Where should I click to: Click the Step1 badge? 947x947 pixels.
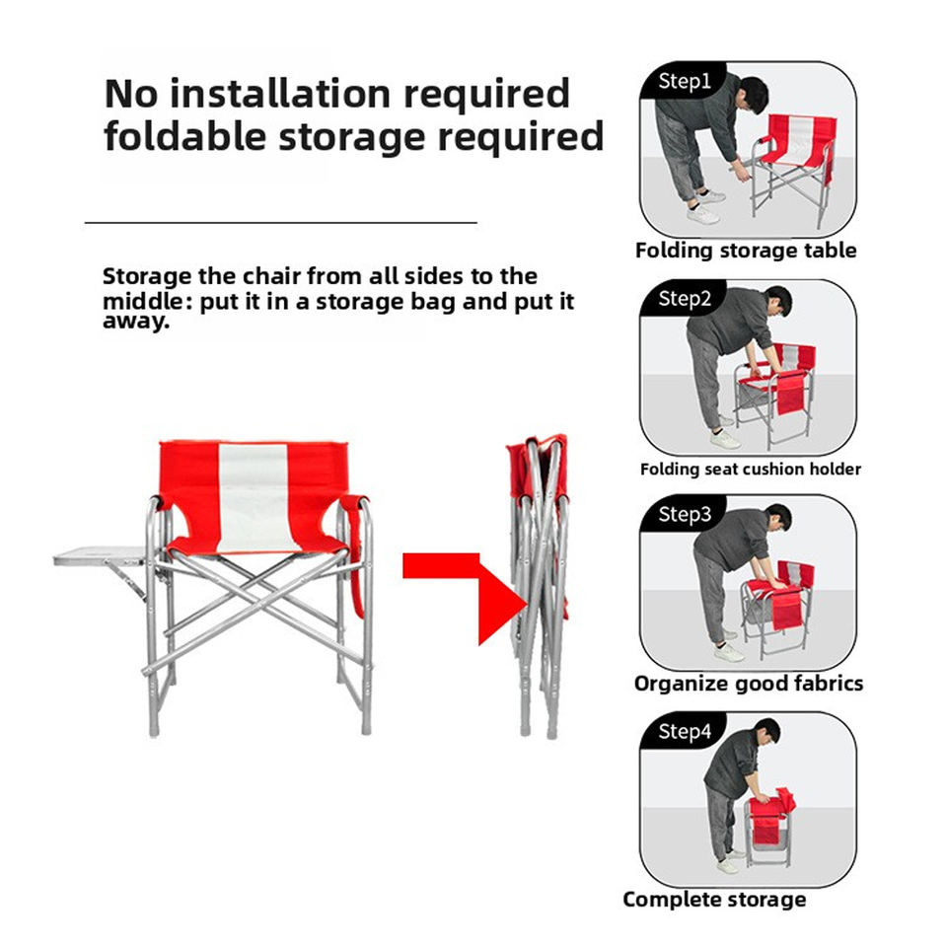tap(683, 81)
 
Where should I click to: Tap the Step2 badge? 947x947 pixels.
tap(683, 298)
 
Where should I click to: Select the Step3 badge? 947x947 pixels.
tap(683, 514)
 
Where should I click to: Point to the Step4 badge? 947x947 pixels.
tap(683, 731)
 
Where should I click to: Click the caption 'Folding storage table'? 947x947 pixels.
tap(746, 251)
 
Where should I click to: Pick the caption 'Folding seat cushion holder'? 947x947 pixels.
tap(750, 469)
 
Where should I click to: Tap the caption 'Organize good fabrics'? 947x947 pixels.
tap(749, 684)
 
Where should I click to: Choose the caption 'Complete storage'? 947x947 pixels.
tap(714, 900)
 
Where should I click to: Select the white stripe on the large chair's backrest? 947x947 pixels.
tap(254, 496)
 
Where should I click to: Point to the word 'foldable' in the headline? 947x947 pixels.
tap(184, 136)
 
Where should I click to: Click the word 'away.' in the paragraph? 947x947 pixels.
tap(136, 321)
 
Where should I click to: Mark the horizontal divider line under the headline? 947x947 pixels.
tap(281, 223)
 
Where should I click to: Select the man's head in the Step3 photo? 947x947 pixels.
tap(777, 518)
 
